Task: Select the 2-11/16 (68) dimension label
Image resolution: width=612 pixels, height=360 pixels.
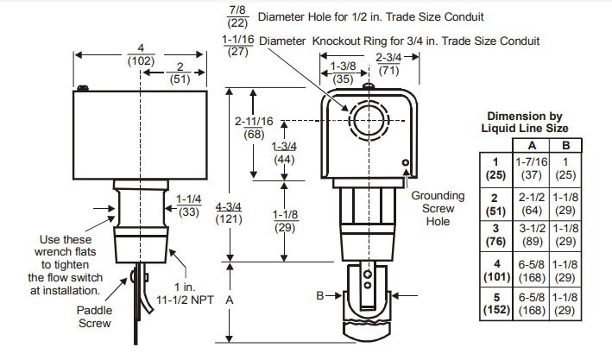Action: [x=253, y=128]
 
